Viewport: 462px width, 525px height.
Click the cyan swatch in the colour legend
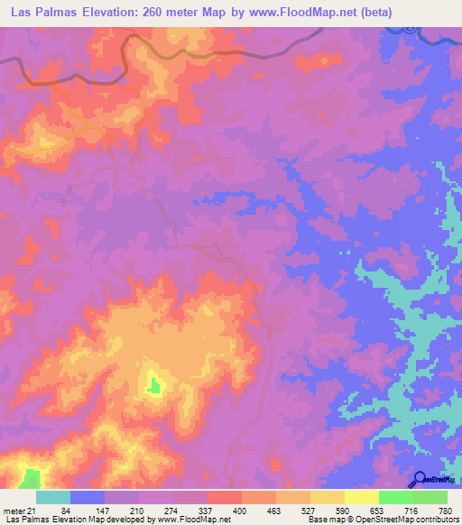point(53,497)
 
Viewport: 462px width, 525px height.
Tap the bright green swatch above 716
point(395,497)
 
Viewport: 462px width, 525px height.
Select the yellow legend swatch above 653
point(361,497)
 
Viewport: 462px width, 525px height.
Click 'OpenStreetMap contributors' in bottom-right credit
point(404,520)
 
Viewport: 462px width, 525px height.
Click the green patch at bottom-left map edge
point(32,478)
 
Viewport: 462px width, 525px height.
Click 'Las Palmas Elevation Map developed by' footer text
point(74,520)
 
